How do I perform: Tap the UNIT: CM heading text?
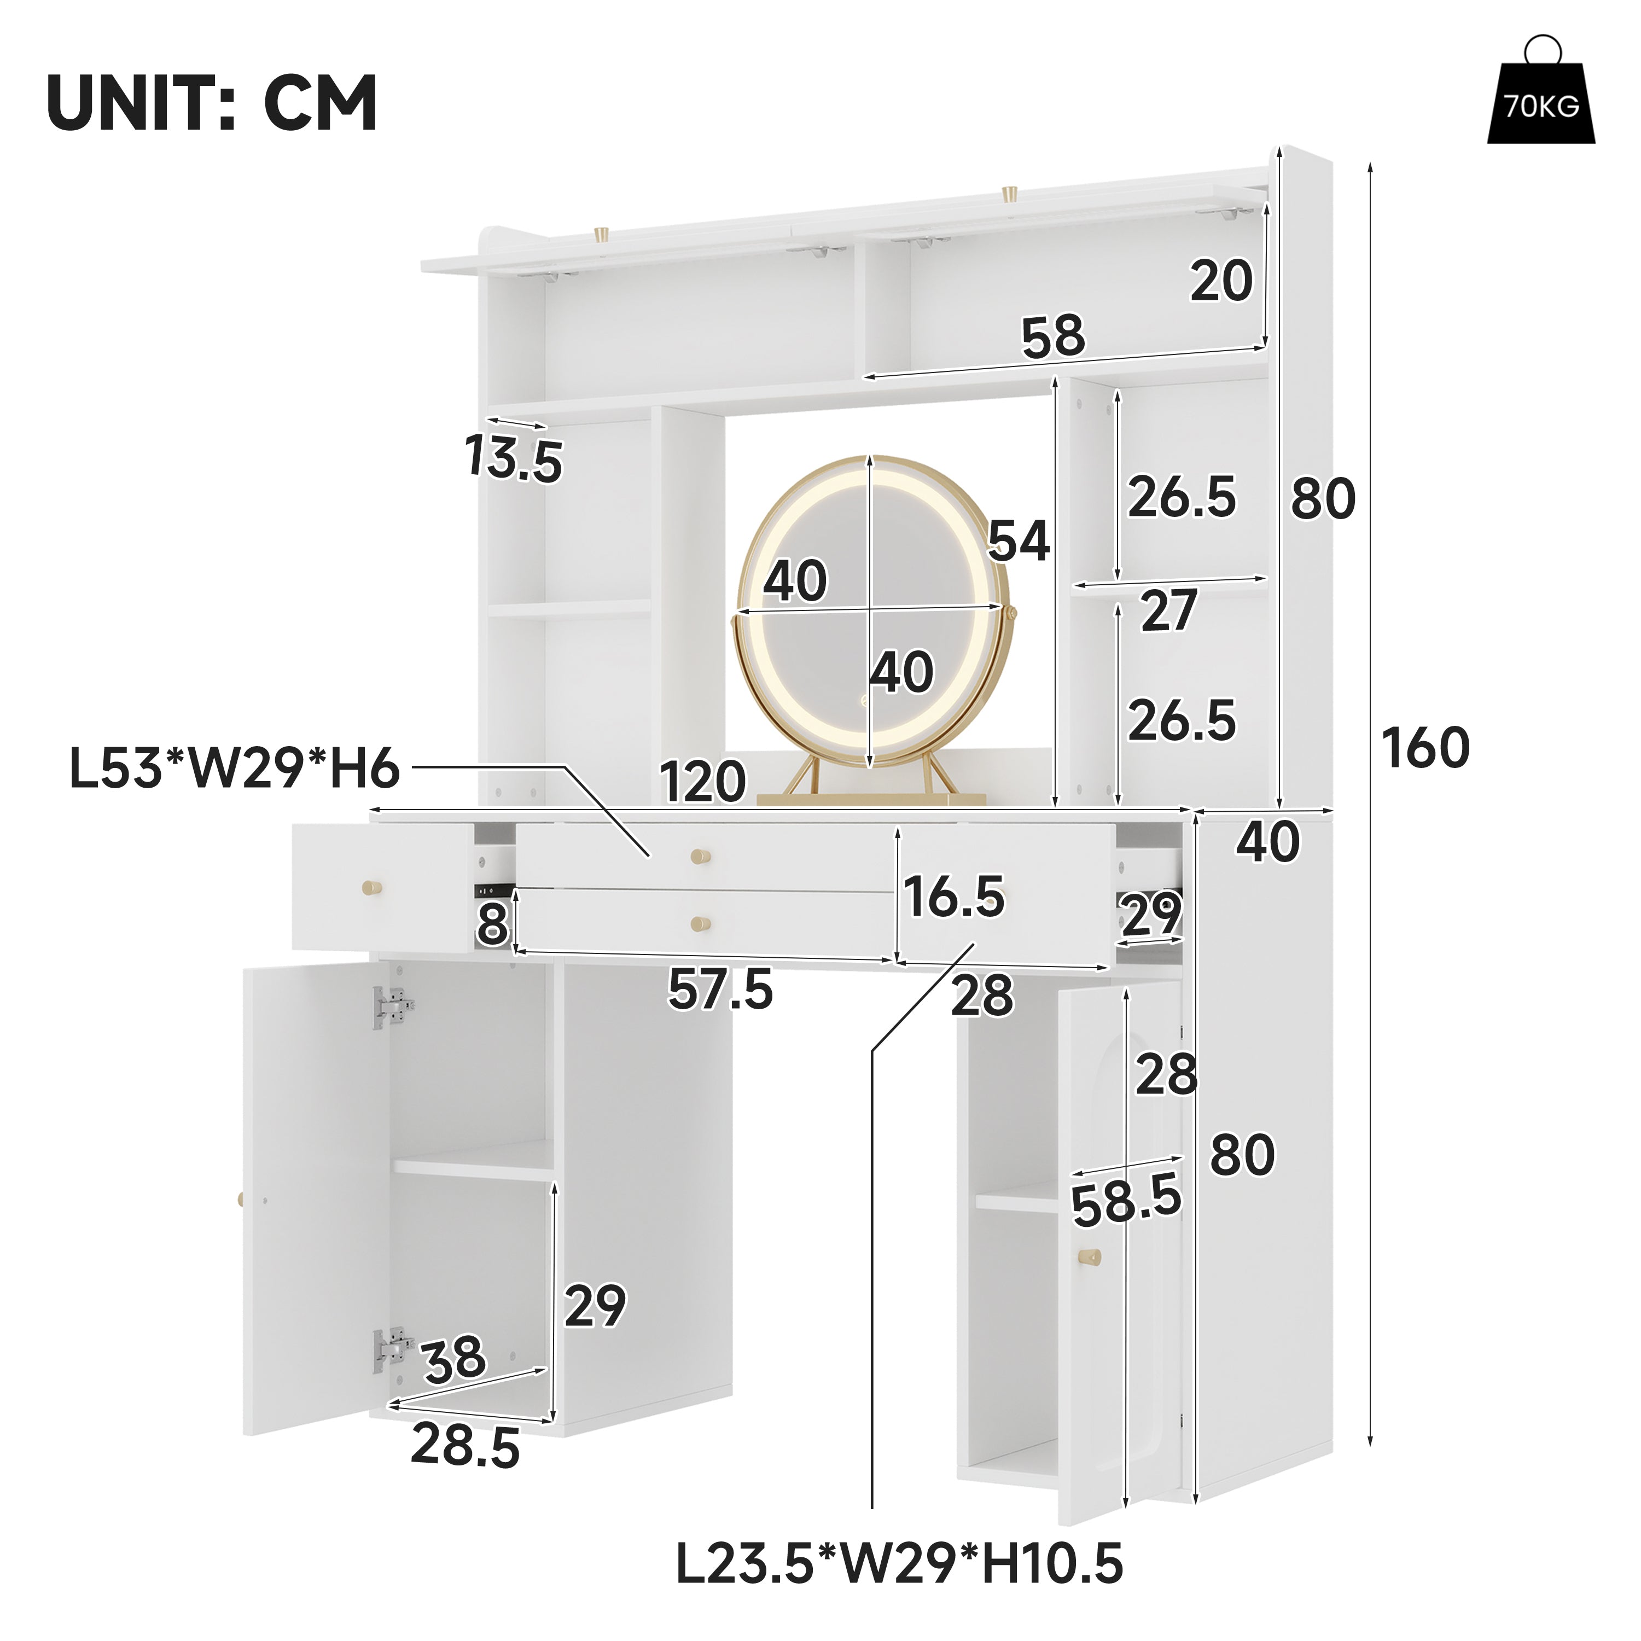tap(212, 103)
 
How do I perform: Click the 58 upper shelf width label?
tap(1053, 336)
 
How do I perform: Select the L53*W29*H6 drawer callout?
tap(235, 770)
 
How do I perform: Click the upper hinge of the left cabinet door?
tap(392, 1008)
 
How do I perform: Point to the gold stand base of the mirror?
tap(871, 799)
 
